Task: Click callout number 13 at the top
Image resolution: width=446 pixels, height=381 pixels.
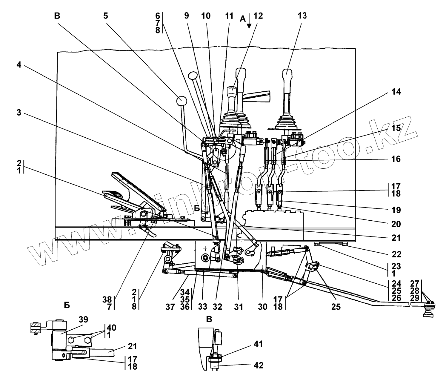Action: pyautogui.click(x=302, y=16)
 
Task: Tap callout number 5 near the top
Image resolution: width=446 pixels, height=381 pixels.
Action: pyautogui.click(x=105, y=16)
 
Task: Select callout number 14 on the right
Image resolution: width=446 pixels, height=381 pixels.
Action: pyautogui.click(x=396, y=92)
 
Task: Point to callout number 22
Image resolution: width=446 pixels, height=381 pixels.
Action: pyautogui.click(x=396, y=254)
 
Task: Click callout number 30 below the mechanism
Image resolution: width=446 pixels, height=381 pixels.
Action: pyautogui.click(x=263, y=307)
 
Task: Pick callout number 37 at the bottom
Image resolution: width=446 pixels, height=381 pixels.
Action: pyautogui.click(x=170, y=307)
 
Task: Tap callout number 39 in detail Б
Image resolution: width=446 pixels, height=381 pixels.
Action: pyautogui.click(x=83, y=319)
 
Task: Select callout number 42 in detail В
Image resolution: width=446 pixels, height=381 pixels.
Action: pyautogui.click(x=258, y=365)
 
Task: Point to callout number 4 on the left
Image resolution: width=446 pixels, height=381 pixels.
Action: pyautogui.click(x=19, y=64)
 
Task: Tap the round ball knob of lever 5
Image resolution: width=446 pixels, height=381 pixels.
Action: pyautogui.click(x=181, y=101)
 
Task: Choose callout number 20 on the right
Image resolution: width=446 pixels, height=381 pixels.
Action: pyautogui.click(x=396, y=224)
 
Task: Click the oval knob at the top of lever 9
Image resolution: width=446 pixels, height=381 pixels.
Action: pyautogui.click(x=193, y=76)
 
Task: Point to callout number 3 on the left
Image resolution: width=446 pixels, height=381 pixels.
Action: pyautogui.click(x=19, y=113)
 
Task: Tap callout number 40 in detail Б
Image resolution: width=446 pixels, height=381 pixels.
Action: pyautogui.click(x=111, y=328)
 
